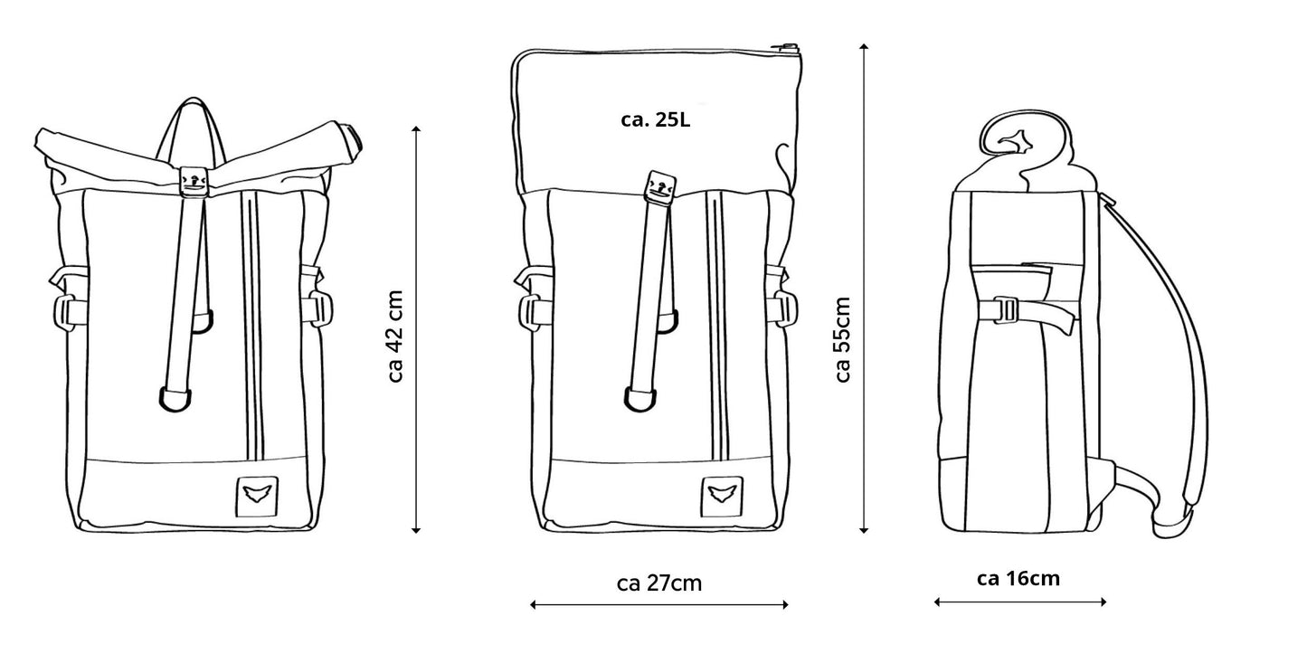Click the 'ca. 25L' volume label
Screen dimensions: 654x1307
[x=656, y=119]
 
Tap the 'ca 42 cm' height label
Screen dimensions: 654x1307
[x=394, y=336]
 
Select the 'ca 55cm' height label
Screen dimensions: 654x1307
[x=842, y=339]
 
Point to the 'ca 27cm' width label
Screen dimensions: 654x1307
[x=659, y=583]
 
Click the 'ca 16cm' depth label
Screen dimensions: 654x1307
[x=1018, y=578]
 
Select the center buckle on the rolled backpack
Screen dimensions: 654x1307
[x=194, y=181]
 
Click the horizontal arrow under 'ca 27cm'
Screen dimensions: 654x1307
[x=659, y=604]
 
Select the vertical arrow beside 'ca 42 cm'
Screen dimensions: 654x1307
[x=416, y=330]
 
